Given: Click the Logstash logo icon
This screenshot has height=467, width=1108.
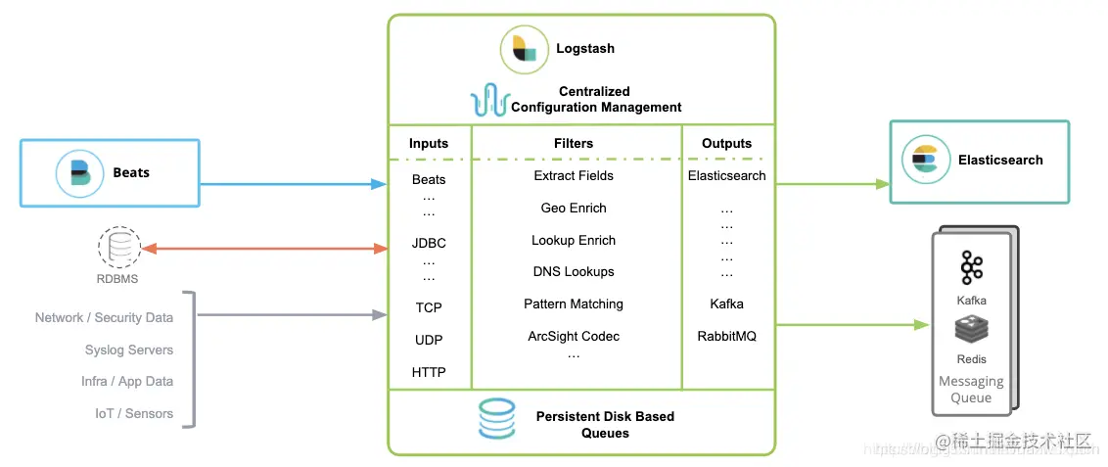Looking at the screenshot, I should (x=525, y=50).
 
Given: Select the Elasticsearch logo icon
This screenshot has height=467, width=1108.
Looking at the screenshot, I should (x=925, y=161).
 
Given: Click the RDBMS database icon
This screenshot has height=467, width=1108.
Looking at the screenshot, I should (x=118, y=248).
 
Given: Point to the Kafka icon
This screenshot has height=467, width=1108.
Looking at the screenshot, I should (x=971, y=266).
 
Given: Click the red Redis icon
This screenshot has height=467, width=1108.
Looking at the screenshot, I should (x=971, y=331).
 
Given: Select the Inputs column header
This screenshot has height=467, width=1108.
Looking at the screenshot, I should (x=429, y=143).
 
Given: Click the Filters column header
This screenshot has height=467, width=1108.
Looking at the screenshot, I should (x=574, y=143).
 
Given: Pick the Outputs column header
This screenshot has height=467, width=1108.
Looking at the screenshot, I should (x=726, y=143).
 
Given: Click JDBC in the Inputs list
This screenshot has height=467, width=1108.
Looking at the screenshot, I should (x=429, y=243).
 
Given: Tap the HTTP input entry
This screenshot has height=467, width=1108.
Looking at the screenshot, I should (x=429, y=372).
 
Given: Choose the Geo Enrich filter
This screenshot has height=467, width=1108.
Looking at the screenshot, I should (x=574, y=208).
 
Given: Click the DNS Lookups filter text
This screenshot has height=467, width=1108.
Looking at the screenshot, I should (x=574, y=271).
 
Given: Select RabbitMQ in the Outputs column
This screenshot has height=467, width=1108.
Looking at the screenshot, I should (x=726, y=336).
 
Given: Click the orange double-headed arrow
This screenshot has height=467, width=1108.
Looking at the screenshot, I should (x=265, y=249).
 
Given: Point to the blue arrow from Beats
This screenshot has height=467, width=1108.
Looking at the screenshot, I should (x=294, y=183).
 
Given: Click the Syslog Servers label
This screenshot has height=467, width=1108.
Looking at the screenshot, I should (x=128, y=350).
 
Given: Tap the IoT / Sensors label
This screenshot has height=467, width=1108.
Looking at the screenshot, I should (x=134, y=413).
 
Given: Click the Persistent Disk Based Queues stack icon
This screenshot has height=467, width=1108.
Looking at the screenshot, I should (x=496, y=419).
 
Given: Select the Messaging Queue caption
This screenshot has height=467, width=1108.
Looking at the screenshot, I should (x=971, y=390).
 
